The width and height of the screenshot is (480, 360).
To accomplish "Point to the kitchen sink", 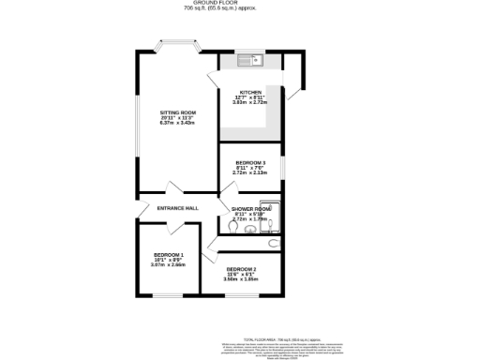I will point(254,62).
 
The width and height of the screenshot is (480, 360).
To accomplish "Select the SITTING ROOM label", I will point(176,112).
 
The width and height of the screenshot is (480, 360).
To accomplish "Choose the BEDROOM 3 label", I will point(250,162).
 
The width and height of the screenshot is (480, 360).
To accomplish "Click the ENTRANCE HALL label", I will point(178,207).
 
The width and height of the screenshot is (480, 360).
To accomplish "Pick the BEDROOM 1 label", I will point(168,255).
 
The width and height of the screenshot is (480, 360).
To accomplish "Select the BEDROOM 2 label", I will point(241,269).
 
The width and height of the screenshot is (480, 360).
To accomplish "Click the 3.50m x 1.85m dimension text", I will point(241,279).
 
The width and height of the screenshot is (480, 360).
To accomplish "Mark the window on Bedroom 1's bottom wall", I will point(168,295).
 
